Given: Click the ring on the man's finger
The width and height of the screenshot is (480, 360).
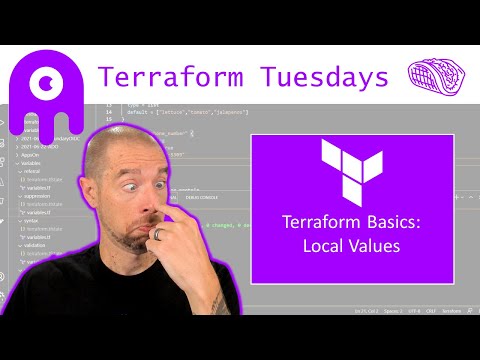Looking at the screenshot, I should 159,233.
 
